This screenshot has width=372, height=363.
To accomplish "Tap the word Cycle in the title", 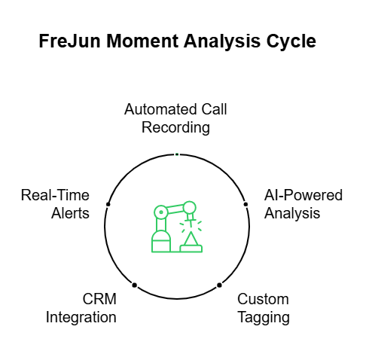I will click(x=290, y=42).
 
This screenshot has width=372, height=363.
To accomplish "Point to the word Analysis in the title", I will click(x=219, y=42).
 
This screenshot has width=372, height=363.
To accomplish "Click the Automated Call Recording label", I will click(x=175, y=118).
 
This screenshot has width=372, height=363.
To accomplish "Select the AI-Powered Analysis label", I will click(x=303, y=204).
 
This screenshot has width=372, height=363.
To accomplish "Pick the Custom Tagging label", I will click(x=264, y=308).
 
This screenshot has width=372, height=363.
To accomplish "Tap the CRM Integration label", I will click(x=81, y=308).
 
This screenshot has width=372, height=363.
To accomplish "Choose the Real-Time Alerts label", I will click(x=55, y=204).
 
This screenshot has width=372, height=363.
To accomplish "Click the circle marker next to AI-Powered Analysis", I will click(x=245, y=204).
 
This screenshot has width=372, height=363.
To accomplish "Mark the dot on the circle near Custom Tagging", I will click(x=219, y=285).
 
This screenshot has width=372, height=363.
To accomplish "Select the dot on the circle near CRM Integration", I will click(x=134, y=285).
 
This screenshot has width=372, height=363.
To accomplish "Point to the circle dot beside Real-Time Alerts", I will click(x=108, y=204).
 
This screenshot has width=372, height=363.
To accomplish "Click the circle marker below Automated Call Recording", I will click(x=176, y=154).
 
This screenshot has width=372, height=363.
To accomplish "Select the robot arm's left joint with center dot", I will click(x=160, y=212).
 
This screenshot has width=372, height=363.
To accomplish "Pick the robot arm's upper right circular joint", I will click(x=190, y=207).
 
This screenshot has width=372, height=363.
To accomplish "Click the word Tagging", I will click(x=264, y=317).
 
